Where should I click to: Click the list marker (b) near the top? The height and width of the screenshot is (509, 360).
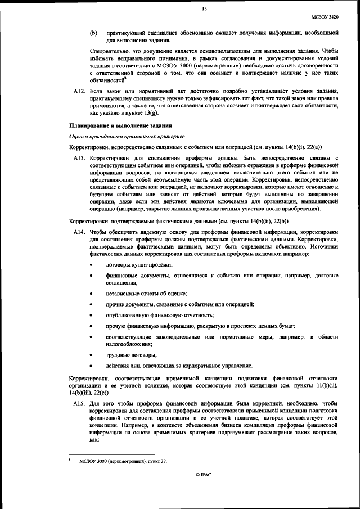(x=94, y=34)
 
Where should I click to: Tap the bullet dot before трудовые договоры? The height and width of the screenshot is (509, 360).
(x=92, y=354)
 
